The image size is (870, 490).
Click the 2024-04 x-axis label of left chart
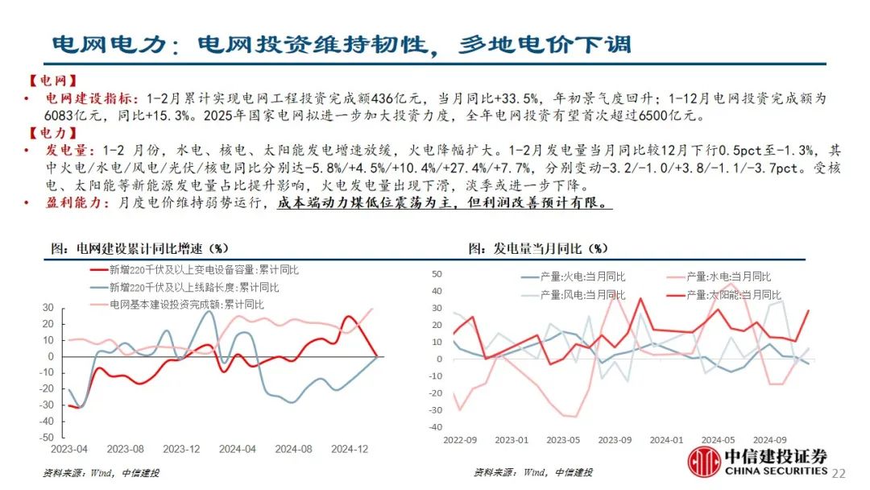[x=238, y=448]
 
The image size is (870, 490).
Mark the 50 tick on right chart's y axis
[x=438, y=275]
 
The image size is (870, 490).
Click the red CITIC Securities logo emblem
[x=704, y=461]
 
